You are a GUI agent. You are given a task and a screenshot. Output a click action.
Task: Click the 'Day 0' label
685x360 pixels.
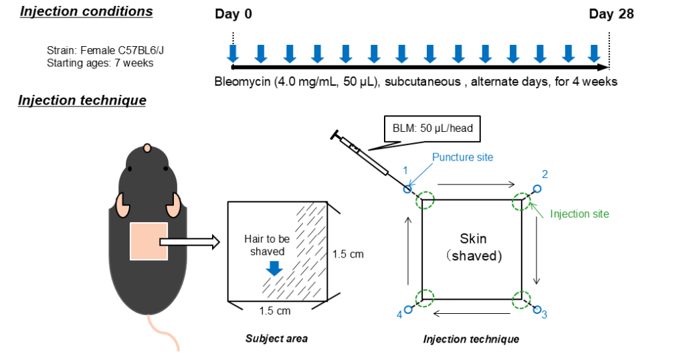click(x=233, y=15)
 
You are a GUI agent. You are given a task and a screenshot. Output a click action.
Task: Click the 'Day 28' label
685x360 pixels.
click(x=611, y=15)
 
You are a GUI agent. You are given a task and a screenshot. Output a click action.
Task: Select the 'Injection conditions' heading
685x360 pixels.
click(x=86, y=11)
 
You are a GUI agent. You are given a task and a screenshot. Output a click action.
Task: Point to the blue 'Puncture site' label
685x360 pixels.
click(x=462, y=157)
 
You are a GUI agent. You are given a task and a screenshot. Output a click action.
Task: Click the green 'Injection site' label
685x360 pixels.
click(x=579, y=214)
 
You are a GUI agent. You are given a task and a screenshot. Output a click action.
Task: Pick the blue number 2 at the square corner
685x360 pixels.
click(x=545, y=175)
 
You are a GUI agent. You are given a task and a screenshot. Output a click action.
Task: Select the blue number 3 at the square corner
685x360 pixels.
click(x=544, y=314)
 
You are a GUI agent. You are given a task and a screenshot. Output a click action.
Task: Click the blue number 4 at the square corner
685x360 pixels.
click(x=399, y=315)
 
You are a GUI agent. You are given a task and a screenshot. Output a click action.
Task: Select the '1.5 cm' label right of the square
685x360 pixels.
click(x=348, y=254)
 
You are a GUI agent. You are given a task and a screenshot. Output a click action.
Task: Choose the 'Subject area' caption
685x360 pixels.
click(x=276, y=339)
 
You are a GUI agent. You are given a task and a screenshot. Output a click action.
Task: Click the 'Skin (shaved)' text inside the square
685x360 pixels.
click(x=472, y=247)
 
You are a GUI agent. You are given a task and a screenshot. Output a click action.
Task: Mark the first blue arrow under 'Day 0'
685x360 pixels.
click(x=233, y=54)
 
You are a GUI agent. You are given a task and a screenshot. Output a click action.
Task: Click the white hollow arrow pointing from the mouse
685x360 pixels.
click(x=190, y=242)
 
